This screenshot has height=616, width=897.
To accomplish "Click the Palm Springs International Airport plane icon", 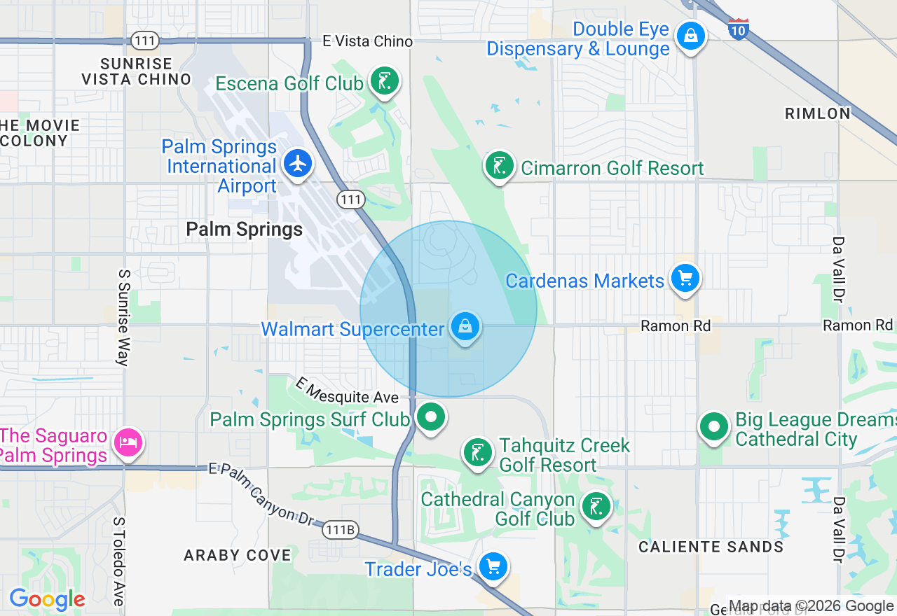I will click(x=299, y=164).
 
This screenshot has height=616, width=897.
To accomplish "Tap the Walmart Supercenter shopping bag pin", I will click(x=465, y=326).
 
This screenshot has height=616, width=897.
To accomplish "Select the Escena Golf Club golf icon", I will click(x=384, y=82).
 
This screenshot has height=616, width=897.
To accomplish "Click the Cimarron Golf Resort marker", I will click(x=499, y=167).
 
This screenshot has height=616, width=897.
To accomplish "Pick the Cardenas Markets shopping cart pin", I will click(x=685, y=279).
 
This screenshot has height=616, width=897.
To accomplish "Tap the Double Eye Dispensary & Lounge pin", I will click(x=691, y=34).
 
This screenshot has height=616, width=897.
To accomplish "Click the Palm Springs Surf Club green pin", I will click(x=430, y=417).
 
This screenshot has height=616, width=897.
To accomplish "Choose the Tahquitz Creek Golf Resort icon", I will click(x=478, y=451).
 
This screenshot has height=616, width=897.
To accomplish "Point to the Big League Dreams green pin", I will click(x=714, y=426).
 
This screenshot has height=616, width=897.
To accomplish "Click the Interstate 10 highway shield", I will click(x=739, y=29).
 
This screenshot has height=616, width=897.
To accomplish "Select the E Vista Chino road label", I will click(x=368, y=42).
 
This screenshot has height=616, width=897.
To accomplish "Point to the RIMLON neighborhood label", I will click(x=818, y=113).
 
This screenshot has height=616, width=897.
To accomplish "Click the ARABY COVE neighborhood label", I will click(x=238, y=555).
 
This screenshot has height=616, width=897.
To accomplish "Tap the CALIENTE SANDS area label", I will click(x=711, y=547).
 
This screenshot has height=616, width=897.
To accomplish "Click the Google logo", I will click(x=47, y=600).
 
